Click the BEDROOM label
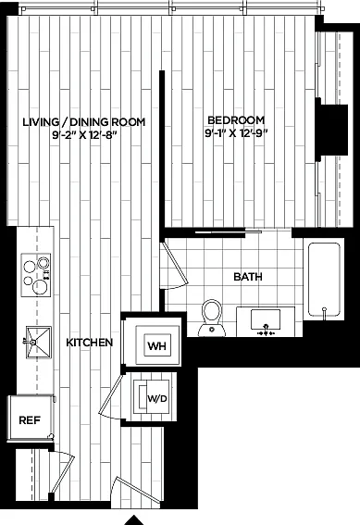(236, 119)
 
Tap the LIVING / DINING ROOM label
(84, 122)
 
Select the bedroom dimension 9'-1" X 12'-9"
(237, 133)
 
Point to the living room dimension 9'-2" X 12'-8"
(84, 135)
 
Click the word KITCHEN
(90, 343)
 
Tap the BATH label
(248, 277)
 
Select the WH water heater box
(157, 345)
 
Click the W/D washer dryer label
(157, 399)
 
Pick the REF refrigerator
(31, 418)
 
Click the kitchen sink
(38, 343)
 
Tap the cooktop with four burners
(36, 275)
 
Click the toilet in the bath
(212, 318)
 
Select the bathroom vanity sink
(266, 320)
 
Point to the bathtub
(324, 280)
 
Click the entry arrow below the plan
(134, 520)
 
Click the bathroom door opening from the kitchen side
(173, 265)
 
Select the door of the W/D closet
(112, 396)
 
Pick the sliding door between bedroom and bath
(229, 231)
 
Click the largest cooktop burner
(40, 287)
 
